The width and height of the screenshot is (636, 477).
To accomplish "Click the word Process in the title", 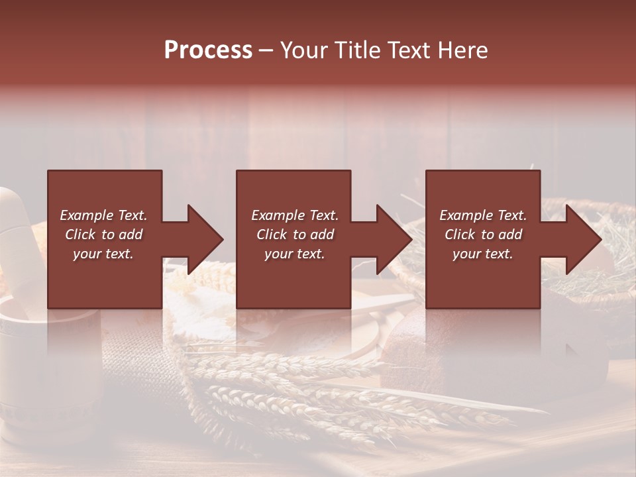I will click(208, 50).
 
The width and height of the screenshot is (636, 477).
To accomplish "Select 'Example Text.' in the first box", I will click(103, 215).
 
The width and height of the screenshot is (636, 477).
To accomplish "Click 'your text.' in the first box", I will click(103, 254).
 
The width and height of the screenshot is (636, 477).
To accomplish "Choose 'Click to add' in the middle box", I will click(295, 235).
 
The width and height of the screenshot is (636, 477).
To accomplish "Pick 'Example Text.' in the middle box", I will click(295, 215).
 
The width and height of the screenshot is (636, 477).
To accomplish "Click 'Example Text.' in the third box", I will click(483, 215).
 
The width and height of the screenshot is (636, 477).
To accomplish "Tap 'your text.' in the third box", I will click(483, 254).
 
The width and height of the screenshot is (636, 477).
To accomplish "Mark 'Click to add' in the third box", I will click(483, 235).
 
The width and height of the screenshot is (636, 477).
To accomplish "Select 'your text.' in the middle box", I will click(295, 254).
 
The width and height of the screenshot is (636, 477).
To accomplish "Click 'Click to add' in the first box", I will click(103, 235).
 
